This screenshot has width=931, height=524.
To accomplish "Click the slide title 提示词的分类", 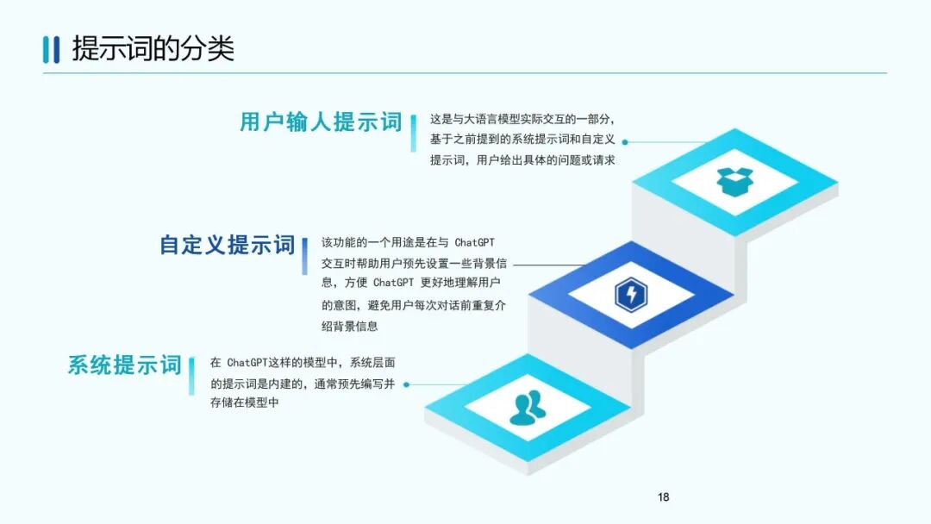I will pos(153,48).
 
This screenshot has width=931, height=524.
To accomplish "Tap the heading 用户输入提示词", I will pos(321,122).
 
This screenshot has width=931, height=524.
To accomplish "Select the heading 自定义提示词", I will pos(228,245).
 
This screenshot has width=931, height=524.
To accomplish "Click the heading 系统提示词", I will pos(125,365).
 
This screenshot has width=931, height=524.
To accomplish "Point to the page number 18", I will pos(663,496).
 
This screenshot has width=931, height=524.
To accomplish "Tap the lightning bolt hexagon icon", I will pos(631,295).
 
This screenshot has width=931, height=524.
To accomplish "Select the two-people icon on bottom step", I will pos(527,408).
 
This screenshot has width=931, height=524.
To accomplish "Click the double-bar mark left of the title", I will pos(52,49).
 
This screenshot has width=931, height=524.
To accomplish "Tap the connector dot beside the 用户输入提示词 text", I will pos(625,142).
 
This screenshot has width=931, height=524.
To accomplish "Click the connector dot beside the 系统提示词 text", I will pos(406,384).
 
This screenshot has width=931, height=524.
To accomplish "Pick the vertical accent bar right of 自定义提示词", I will pos(305,255).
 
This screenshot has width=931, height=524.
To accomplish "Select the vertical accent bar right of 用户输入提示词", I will pos(413,133).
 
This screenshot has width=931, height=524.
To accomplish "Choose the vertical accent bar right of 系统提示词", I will pos(191,375).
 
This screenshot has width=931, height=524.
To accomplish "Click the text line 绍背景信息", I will pos(350,326).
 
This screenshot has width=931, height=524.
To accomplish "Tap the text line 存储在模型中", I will pos(245,402).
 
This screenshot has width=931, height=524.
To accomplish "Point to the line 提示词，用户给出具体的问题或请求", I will pos(522,161).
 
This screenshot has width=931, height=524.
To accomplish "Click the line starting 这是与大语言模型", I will pos(522,119).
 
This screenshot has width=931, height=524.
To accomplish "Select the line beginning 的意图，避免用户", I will pos(413,304).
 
